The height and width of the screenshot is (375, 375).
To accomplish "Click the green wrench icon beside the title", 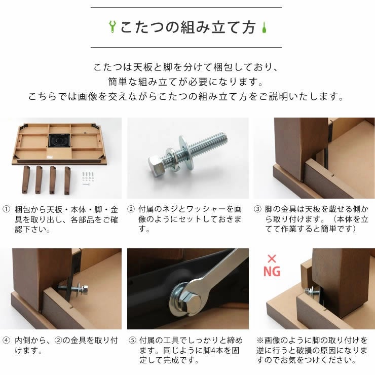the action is pyautogui.click(x=112, y=26).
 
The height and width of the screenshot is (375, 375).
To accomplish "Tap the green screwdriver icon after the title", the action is pyautogui.click(x=264, y=27).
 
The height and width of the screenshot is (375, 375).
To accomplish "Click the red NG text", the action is pyautogui.click(x=272, y=271).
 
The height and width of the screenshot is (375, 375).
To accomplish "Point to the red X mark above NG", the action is pyautogui.click(x=272, y=259).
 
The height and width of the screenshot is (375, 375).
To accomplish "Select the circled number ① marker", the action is pyautogui.click(x=6, y=209).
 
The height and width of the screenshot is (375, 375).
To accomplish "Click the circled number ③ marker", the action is pyautogui.click(x=257, y=209).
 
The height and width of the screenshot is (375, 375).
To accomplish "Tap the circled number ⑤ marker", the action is pyautogui.click(x=132, y=340).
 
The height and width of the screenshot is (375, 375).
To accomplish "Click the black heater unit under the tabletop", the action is pyautogui.click(x=59, y=140).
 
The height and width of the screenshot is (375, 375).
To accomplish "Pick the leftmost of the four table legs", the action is pyautogui.click(x=26, y=179).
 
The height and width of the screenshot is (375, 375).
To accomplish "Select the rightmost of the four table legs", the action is pyautogui.click(x=67, y=180).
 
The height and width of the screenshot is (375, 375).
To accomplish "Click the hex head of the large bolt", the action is pyautogui.click(x=157, y=165).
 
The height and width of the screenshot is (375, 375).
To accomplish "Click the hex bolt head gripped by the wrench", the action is pyautogui.click(x=192, y=303).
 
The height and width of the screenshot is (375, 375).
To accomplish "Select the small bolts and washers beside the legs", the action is pyautogui.click(x=88, y=178).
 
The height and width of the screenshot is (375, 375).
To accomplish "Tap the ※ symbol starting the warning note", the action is pyautogui.click(x=260, y=340).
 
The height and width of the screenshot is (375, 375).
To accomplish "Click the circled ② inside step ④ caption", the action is pyautogui.click(x=58, y=340).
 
